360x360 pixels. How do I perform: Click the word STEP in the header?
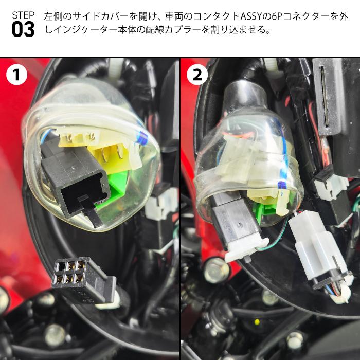[x=23, y=14]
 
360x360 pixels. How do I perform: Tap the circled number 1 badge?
[x=16, y=75]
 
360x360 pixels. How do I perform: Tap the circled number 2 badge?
[x=197, y=75]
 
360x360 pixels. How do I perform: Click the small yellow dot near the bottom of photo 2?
[x=256, y=322]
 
